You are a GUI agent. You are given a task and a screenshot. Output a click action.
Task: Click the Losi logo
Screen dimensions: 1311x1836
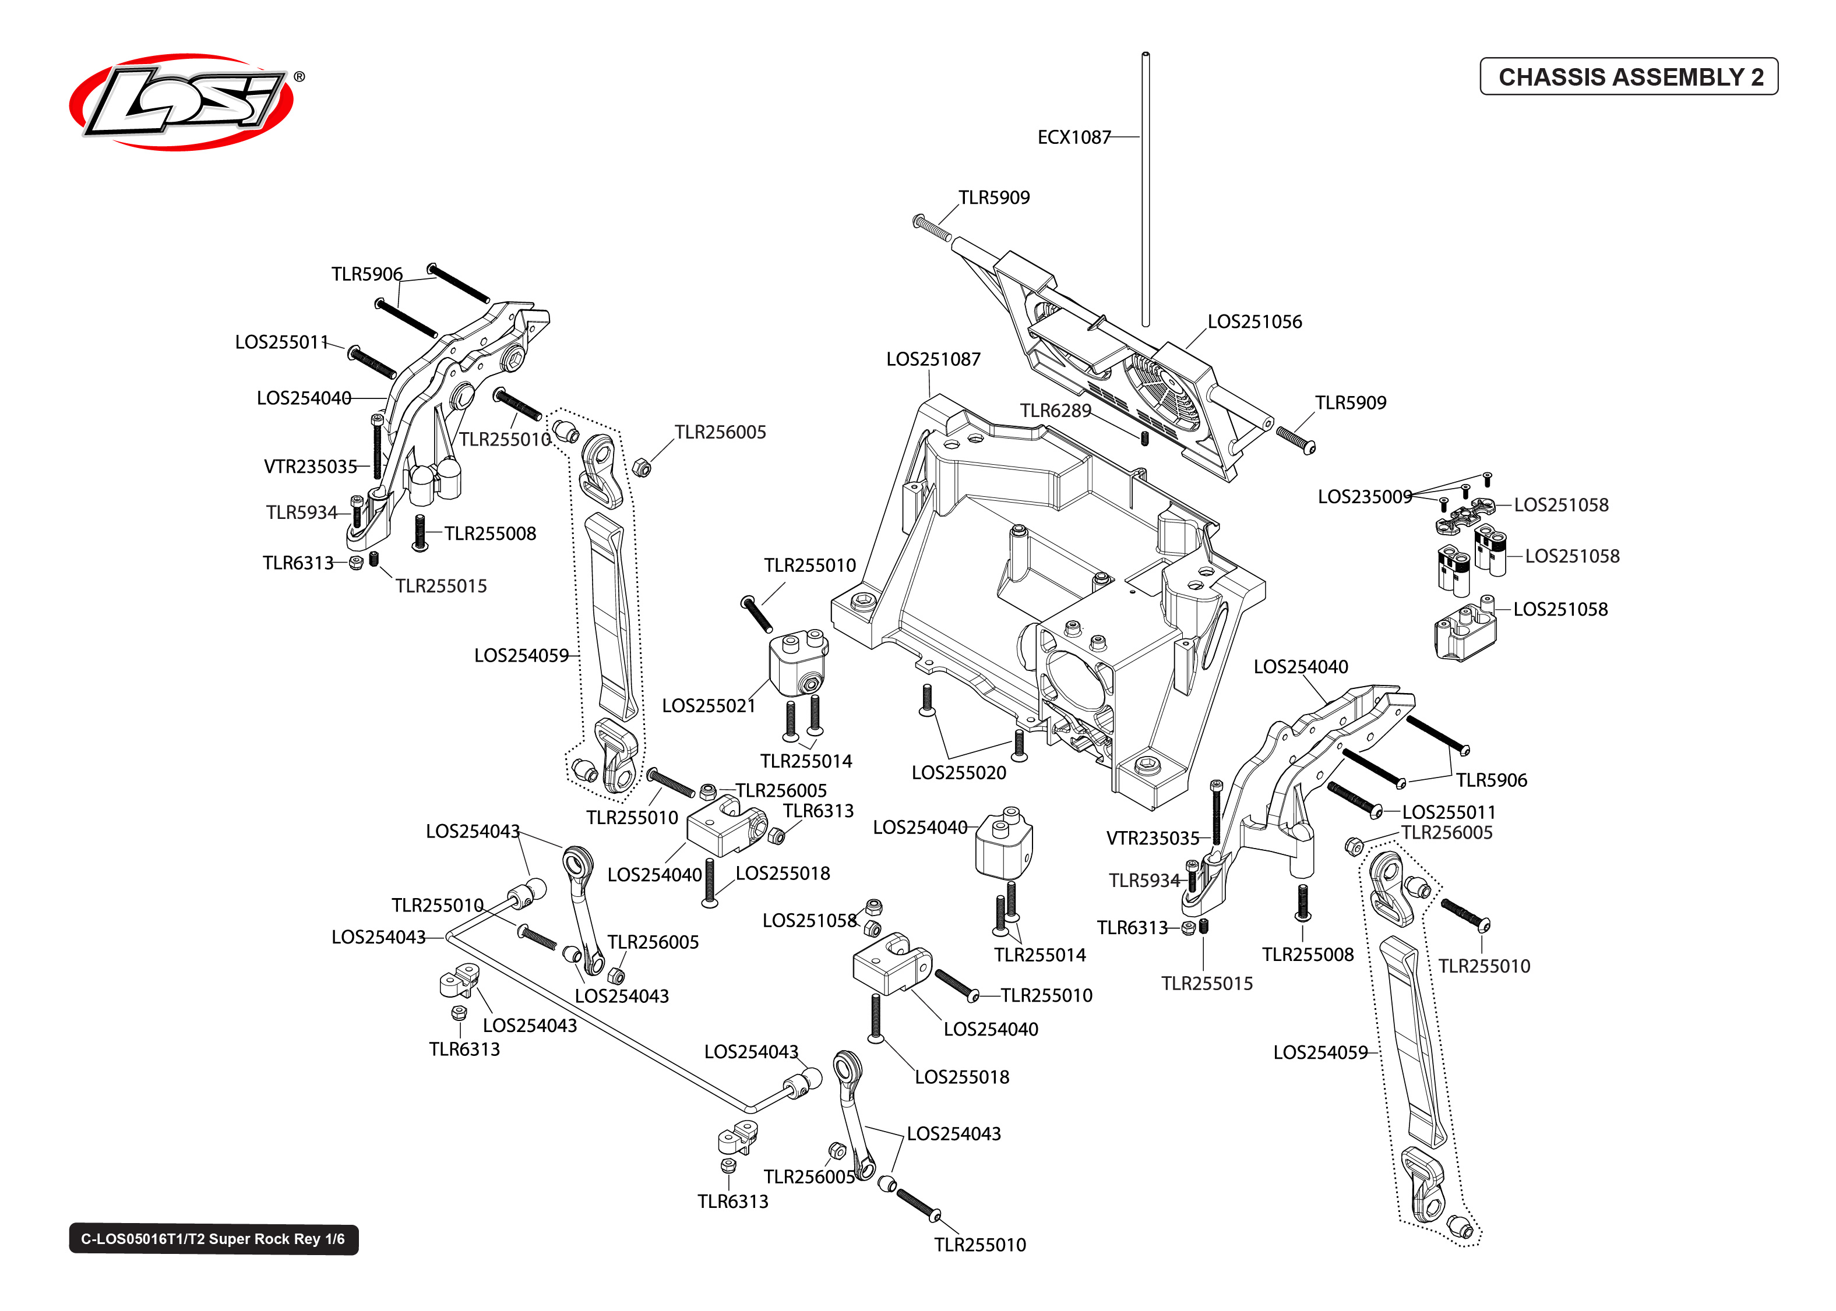pos(182,102)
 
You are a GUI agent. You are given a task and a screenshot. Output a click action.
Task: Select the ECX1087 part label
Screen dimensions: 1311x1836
pos(1073,137)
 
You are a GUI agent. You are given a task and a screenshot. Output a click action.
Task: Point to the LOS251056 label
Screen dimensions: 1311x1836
pos(1254,321)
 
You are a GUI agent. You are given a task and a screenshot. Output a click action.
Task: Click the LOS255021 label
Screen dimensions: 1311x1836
pos(708,705)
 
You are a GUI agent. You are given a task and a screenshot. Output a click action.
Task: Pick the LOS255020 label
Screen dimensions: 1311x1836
pos(958,772)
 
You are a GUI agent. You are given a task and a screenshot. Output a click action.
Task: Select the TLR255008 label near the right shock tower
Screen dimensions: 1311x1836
pos(1307,954)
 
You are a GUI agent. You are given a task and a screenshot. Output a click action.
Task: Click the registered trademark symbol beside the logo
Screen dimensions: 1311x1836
pos(299,77)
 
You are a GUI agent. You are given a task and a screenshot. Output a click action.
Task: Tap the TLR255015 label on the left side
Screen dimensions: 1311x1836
pos(441,586)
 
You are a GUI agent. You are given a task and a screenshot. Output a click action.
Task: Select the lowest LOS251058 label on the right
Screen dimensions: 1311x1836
pos(1559,609)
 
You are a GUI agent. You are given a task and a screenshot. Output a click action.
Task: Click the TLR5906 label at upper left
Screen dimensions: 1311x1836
pos(367,274)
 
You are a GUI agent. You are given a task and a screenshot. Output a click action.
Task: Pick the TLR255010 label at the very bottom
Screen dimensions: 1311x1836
pos(979,1245)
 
